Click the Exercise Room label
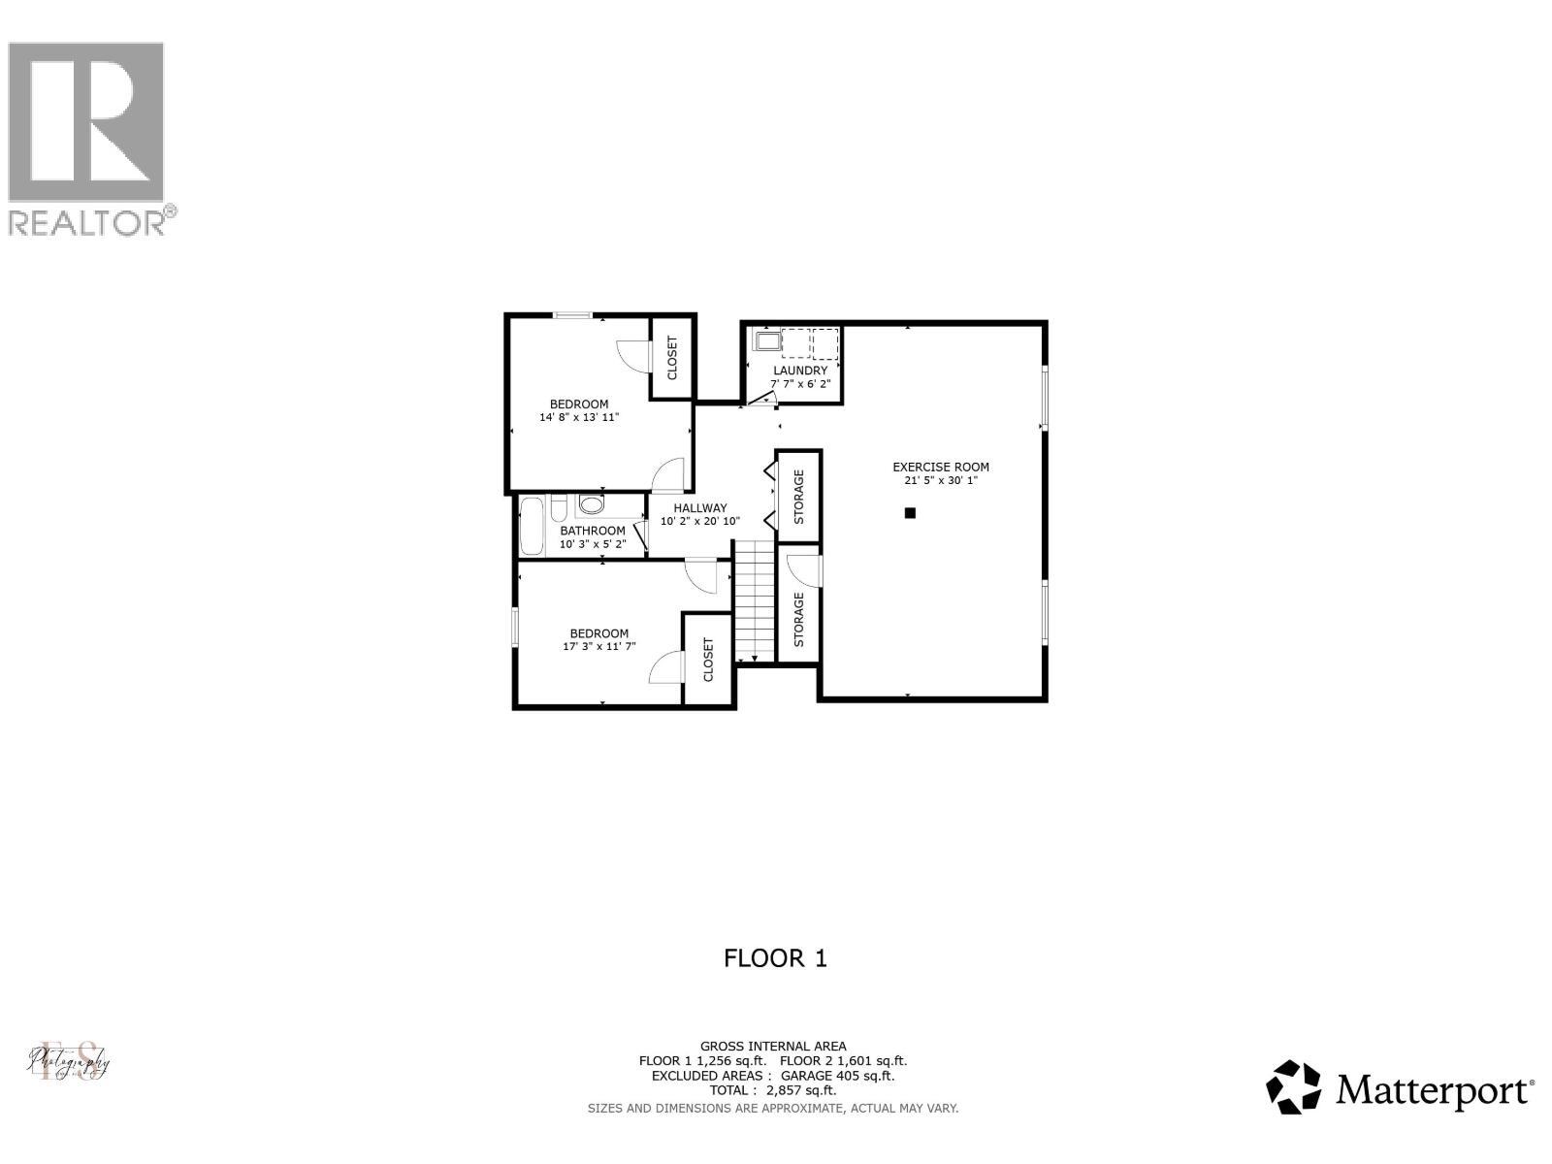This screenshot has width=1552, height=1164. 941,467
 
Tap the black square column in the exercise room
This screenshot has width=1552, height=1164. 910,513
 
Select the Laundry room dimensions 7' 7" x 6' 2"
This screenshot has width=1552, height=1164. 800,384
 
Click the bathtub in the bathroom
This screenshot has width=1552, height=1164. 531,525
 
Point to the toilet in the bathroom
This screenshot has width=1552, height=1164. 591,505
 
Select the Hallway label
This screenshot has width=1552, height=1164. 700,507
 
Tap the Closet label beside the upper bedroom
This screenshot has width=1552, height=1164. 672,358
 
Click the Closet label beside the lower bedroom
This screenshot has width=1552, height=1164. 708,659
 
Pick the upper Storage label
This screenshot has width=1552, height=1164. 799,497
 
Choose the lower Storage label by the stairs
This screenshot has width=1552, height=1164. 799,620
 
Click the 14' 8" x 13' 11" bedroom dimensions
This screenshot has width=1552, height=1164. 579,418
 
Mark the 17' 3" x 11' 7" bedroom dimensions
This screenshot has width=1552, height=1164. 598,647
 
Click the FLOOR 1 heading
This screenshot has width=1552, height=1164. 775,958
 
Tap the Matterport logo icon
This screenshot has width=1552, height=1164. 1294,1087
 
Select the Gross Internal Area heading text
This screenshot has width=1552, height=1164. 773,1046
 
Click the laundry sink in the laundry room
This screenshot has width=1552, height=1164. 767,341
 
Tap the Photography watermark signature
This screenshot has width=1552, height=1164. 68,1061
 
